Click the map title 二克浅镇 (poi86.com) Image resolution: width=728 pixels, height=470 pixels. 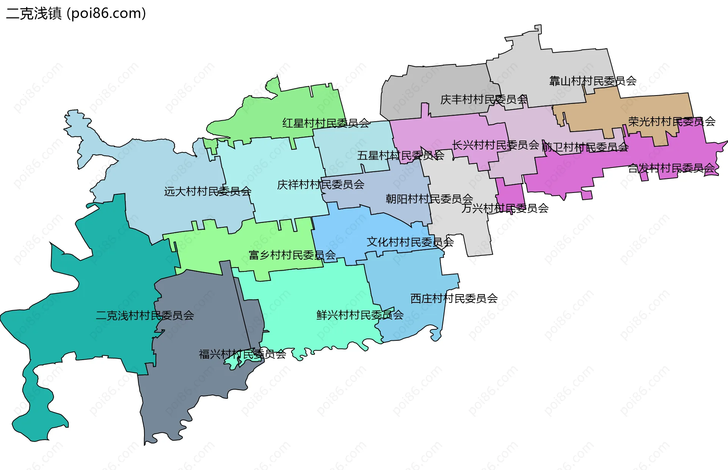pyautogui.click(x=76, y=14)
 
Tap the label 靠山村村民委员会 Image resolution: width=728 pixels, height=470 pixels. pyautogui.click(x=593, y=81)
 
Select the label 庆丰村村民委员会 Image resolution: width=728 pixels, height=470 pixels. pyautogui.click(x=484, y=99)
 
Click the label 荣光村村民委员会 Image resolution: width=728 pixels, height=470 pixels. pyautogui.click(x=672, y=122)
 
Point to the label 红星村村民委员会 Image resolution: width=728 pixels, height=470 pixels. pyautogui.click(x=326, y=123)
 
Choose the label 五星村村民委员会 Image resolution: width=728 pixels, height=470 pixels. pyautogui.click(x=400, y=155)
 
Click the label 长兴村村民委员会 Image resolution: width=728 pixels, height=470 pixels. pyautogui.click(x=495, y=145)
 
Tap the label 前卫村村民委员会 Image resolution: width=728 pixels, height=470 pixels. pyautogui.click(x=585, y=147)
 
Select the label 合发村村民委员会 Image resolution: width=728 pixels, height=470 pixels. pyautogui.click(x=671, y=168)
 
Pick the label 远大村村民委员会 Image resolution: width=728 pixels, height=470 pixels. pyautogui.click(x=207, y=191)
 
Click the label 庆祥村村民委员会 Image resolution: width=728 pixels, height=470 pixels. pyautogui.click(x=320, y=185)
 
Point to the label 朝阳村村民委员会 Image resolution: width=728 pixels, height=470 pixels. pyautogui.click(x=429, y=199)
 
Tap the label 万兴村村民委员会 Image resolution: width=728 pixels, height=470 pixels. pyautogui.click(x=505, y=208)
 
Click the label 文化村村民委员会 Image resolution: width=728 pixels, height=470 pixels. pyautogui.click(x=410, y=242)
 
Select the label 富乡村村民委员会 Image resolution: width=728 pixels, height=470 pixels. pyautogui.click(x=292, y=255)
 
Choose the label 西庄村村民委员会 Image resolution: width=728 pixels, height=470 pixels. pyautogui.click(x=454, y=299)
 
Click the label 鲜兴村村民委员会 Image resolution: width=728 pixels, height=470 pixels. pyautogui.click(x=360, y=315)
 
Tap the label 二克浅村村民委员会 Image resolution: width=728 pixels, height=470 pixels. pyautogui.click(x=145, y=315)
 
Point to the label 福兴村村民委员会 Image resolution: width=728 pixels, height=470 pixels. pyautogui.click(x=242, y=354)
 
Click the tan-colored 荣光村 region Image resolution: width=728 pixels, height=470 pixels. pyautogui.click(x=645, y=108)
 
